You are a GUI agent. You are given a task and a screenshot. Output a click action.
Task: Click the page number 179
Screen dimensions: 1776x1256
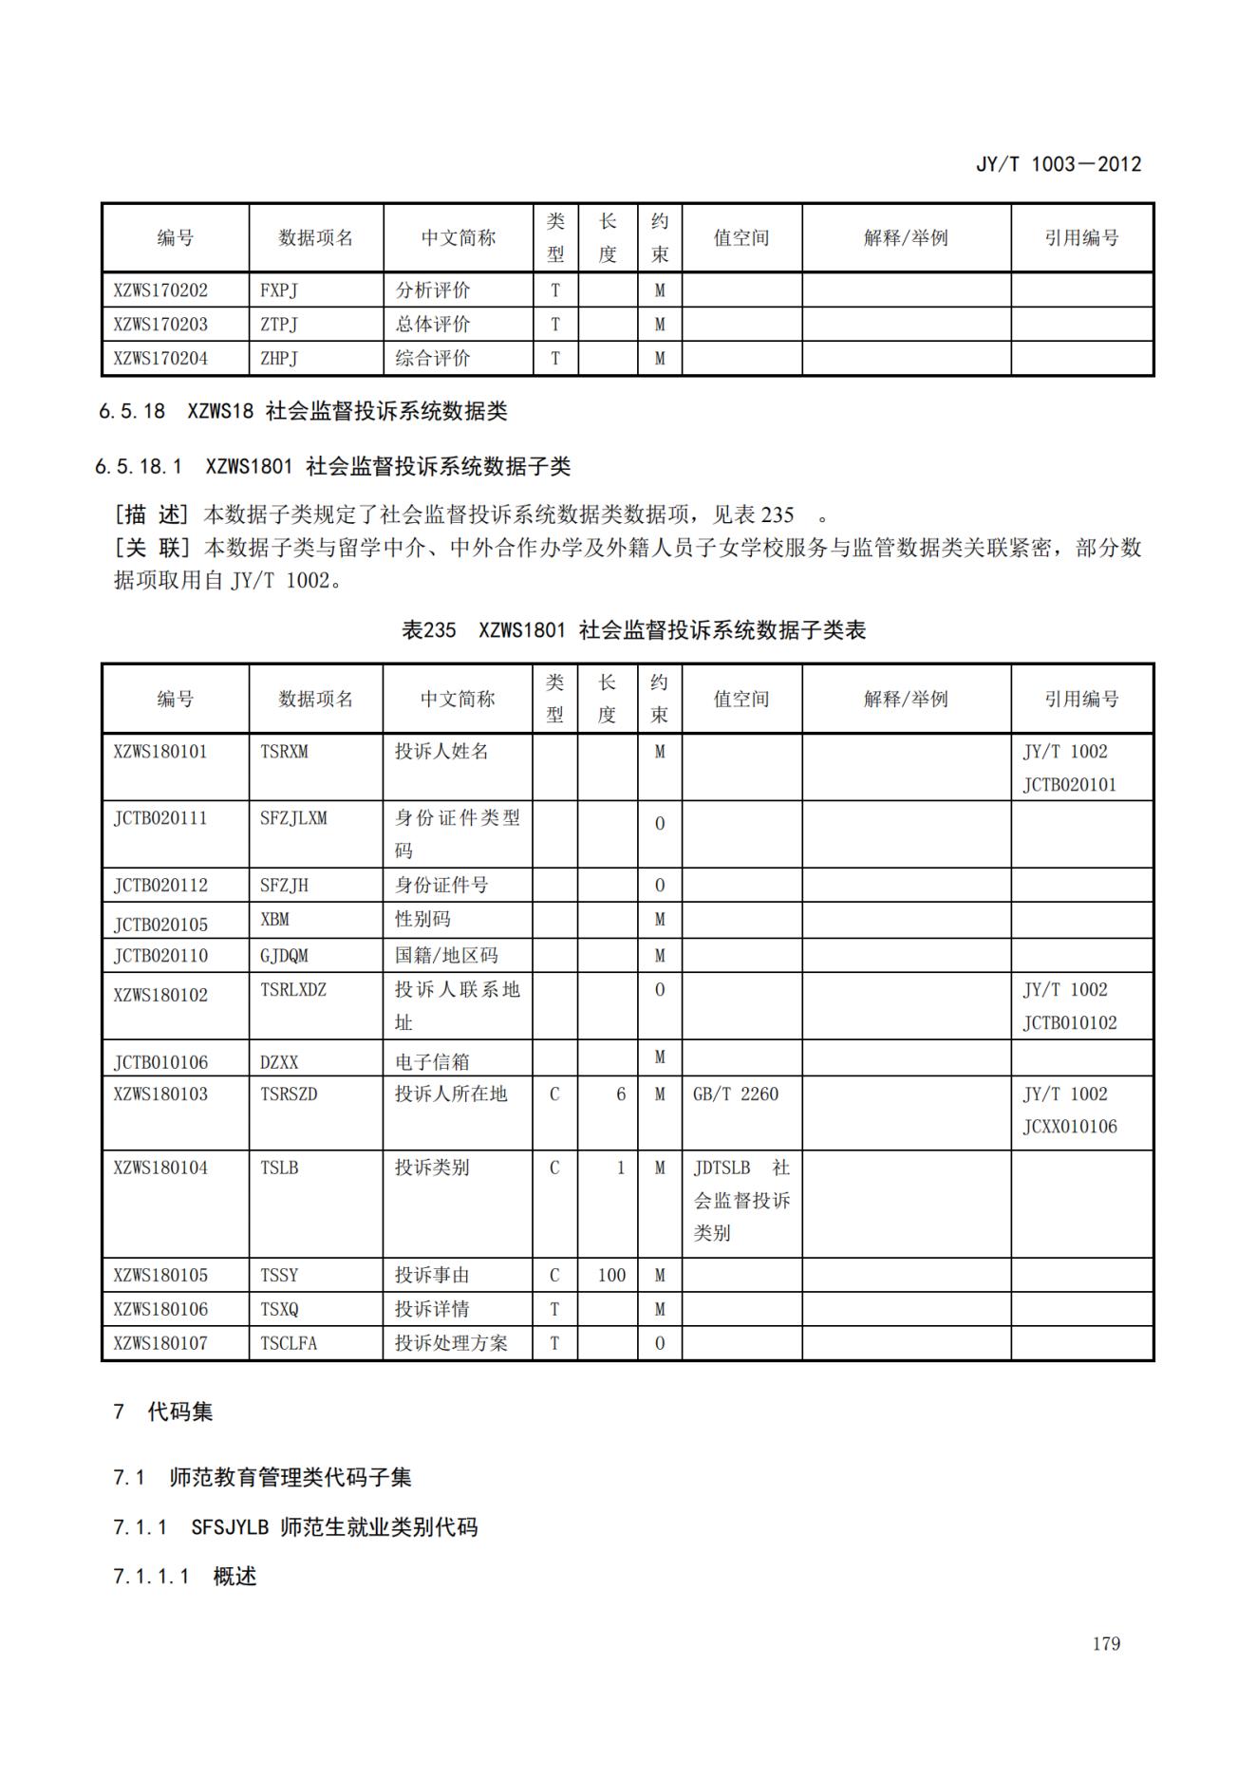pyautogui.click(x=1106, y=1643)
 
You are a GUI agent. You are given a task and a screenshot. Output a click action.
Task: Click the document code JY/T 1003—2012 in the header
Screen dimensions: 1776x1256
pyautogui.click(x=1059, y=163)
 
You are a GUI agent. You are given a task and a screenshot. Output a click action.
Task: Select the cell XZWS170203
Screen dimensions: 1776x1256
pyautogui.click(x=160, y=324)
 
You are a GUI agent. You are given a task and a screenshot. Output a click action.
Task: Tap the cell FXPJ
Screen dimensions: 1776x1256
pyautogui.click(x=279, y=290)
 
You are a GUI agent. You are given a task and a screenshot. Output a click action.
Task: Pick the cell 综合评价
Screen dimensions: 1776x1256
pyautogui.click(x=433, y=358)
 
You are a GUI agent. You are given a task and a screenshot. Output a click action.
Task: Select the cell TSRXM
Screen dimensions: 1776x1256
pyautogui.click(x=284, y=752)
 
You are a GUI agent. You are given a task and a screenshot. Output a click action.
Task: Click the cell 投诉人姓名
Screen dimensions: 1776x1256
pyautogui.click(x=441, y=752)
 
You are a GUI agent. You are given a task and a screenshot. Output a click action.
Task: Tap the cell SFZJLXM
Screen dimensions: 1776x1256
pyautogui.click(x=293, y=818)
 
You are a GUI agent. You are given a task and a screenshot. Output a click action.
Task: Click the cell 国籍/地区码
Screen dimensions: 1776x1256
pyautogui.click(x=446, y=955)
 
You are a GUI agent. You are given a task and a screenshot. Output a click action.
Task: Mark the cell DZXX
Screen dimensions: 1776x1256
pyautogui.click(x=279, y=1062)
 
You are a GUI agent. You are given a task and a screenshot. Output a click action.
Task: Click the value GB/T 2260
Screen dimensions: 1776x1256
pyautogui.click(x=736, y=1094)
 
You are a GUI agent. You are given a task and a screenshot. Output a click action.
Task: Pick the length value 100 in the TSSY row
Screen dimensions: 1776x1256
pyautogui.click(x=611, y=1275)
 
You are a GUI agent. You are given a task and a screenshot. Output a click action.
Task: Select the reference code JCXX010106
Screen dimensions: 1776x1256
pyautogui.click(x=1070, y=1127)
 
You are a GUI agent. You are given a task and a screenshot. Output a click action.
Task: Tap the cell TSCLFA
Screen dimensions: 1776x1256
pyautogui.click(x=289, y=1343)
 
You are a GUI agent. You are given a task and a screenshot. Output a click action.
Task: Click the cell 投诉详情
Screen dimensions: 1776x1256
pyautogui.click(x=432, y=1309)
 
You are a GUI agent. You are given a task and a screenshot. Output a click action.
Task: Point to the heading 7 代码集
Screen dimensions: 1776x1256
pyautogui.click(x=163, y=1411)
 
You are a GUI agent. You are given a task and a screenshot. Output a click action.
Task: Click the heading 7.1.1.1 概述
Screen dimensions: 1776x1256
pyautogui.click(x=185, y=1577)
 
